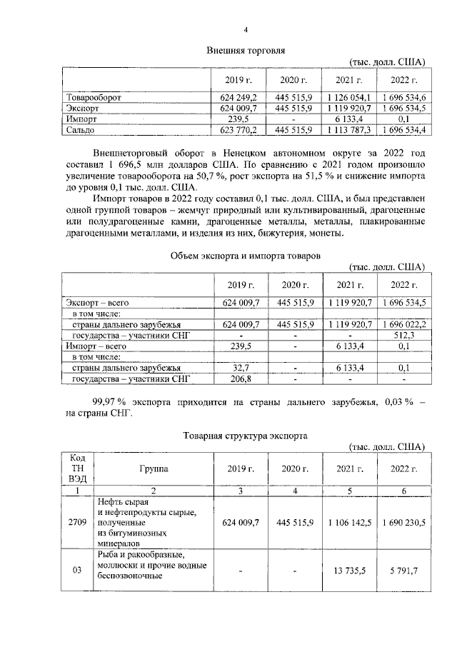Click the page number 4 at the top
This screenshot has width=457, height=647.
246,29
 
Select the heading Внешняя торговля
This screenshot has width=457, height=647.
246,51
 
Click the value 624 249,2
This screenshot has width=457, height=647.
238,97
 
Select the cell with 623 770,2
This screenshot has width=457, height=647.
238,130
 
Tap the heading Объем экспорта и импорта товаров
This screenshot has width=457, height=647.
246,255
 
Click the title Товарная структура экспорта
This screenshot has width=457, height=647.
246,434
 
